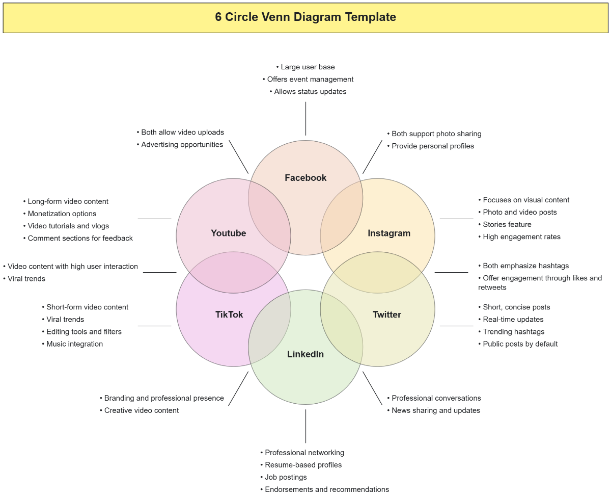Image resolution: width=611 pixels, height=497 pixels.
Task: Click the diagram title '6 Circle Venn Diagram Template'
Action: click(305, 17)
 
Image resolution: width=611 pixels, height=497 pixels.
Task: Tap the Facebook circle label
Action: click(305, 178)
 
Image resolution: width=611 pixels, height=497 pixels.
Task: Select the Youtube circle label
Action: click(229, 233)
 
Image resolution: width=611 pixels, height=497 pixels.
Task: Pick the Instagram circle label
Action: click(389, 233)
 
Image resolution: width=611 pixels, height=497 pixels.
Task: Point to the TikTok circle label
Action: click(229, 315)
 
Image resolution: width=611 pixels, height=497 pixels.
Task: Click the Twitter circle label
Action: click(387, 315)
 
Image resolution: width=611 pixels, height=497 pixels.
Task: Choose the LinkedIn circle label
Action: click(305, 354)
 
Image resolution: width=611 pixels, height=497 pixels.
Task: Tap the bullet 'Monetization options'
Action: click(62, 214)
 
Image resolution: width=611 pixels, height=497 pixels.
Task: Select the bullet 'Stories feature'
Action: click(507, 225)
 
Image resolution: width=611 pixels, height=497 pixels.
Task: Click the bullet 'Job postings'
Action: click(286, 478)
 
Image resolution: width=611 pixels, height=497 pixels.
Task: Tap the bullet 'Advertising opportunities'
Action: click(182, 145)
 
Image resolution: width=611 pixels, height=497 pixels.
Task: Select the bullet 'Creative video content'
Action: click(141, 411)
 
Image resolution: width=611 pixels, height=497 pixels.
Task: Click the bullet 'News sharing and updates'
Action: click(435, 411)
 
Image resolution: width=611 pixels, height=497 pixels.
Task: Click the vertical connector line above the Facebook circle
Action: click(305, 119)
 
